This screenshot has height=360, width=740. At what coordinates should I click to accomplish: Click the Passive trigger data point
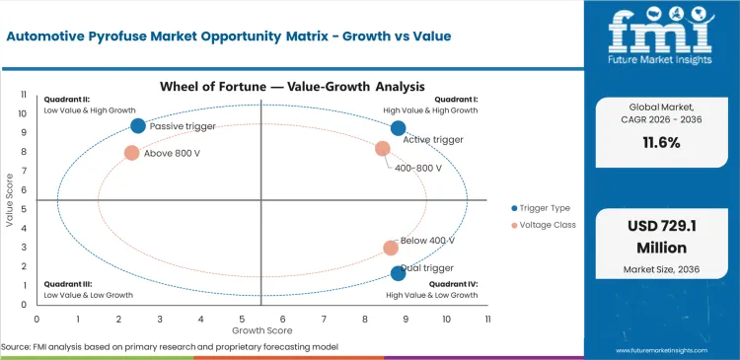click(138, 125)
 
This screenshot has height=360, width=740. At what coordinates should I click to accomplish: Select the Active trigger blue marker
click(399, 128)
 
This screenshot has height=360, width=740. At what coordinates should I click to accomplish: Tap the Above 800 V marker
click(131, 153)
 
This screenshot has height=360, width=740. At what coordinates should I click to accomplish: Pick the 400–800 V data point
click(383, 149)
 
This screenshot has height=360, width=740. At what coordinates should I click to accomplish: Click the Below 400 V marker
click(391, 249)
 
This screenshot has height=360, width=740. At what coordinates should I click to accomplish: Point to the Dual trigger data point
click(398, 273)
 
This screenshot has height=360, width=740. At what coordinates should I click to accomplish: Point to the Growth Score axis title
click(261, 330)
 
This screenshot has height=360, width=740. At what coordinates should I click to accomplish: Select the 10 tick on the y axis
click(24, 113)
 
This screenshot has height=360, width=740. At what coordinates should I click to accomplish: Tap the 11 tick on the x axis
click(487, 320)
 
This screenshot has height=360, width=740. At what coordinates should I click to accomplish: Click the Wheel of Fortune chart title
click(260, 87)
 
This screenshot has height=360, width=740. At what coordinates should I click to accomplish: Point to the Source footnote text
click(170, 347)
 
